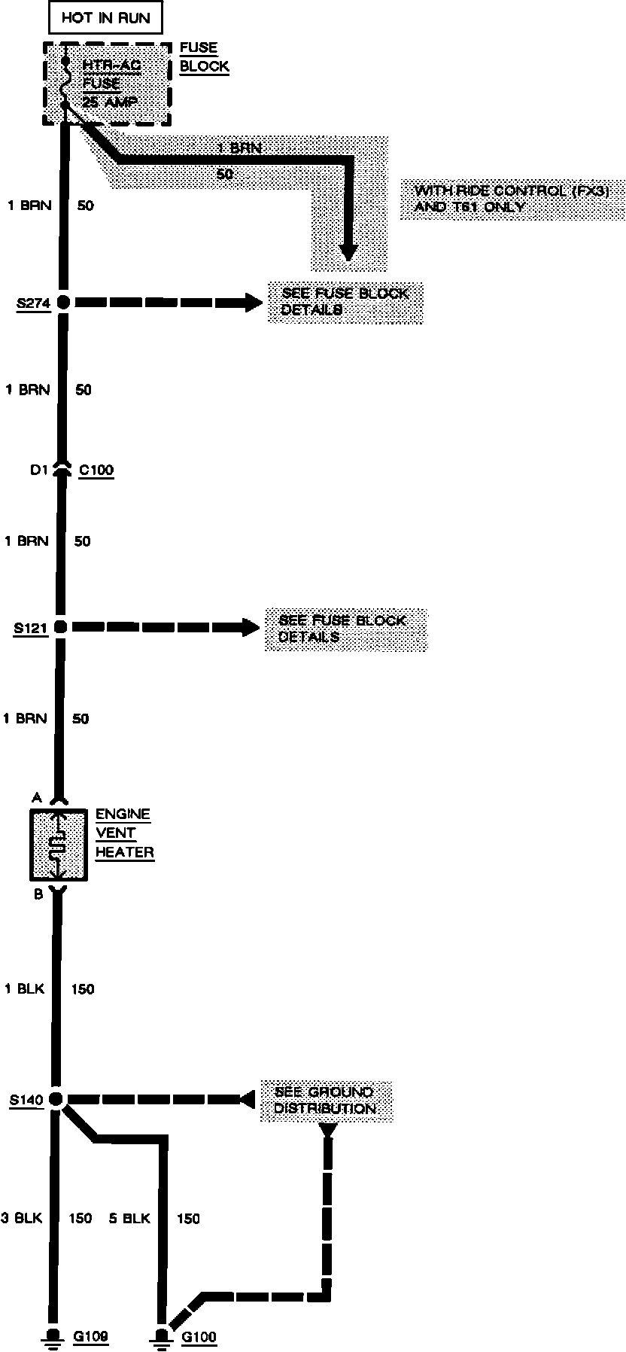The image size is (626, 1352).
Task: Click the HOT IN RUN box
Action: coord(105,18)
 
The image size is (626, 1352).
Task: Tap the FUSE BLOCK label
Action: coord(204,57)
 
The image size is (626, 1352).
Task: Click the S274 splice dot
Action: coord(63,303)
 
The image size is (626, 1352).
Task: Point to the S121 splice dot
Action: coord(61,626)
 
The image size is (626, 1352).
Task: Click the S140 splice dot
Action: coord(56,1099)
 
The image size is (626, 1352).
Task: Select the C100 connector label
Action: coord(96,470)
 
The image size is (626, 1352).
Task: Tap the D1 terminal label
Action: coord(38,470)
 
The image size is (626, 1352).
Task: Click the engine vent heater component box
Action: coord(57,845)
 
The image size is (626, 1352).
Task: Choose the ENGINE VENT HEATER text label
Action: coord(124,833)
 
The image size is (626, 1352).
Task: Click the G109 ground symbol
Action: coord(53,1336)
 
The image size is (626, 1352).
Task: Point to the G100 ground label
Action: coord(199,1337)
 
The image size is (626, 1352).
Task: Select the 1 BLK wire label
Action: coord(25,988)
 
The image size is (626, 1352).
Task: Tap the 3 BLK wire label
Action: coord(22,1218)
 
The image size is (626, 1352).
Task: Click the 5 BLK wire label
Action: coord(129,1218)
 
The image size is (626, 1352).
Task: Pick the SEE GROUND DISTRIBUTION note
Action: coord(325,1100)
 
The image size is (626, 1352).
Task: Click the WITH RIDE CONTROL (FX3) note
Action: coord(512,199)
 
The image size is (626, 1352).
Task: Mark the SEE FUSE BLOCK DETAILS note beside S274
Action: coord(345,302)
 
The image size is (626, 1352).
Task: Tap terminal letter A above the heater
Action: coord(36,797)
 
